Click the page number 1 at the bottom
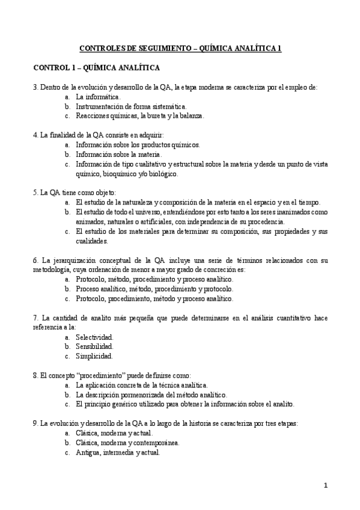tap(325, 485)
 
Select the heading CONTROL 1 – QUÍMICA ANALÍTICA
tap(96, 68)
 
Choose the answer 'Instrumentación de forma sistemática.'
tap(127, 106)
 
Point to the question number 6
tap(35, 260)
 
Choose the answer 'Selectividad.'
tap(94, 337)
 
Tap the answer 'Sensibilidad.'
tap(95, 346)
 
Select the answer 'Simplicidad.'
tap(94, 356)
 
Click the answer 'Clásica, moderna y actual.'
tap(114, 433)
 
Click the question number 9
tap(35, 423)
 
